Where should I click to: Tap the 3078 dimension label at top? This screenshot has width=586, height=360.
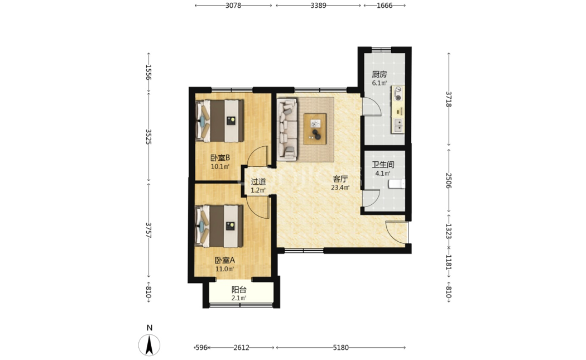233,5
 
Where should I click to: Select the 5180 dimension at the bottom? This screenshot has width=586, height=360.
340,348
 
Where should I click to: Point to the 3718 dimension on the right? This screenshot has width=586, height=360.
449,99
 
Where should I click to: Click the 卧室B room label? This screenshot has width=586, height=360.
220,158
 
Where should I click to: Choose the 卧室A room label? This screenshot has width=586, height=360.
224,260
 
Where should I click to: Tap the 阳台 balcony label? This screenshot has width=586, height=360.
239,290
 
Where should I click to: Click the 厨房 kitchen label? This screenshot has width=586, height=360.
379,74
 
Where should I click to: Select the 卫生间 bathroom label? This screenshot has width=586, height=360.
383,165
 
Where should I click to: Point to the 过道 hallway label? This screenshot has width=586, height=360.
258,182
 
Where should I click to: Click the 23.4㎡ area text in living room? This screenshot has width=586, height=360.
340,188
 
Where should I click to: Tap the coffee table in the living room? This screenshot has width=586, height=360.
315,129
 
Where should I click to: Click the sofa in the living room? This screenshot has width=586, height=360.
287,129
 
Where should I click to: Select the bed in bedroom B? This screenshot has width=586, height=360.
219,121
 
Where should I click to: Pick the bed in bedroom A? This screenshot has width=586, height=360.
219,226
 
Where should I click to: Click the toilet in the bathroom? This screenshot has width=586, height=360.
396,184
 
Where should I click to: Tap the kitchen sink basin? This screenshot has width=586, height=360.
398,126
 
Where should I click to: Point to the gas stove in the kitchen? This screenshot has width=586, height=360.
398,94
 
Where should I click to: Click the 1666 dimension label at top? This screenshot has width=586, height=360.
385,5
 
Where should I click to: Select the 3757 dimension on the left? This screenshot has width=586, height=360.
148,231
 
